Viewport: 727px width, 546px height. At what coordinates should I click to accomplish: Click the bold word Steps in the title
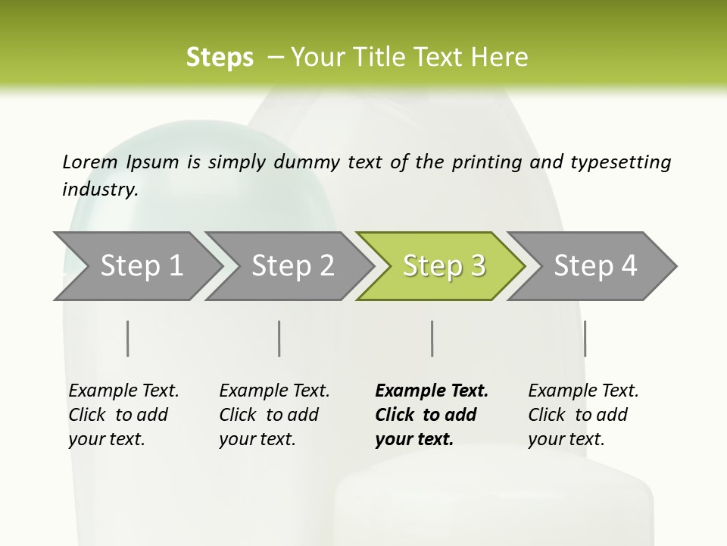point(220,58)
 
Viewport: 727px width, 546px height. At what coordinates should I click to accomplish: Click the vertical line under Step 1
point(128,338)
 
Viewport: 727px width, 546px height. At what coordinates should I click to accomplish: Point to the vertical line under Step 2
point(279,338)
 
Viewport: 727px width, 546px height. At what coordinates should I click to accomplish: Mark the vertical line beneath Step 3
point(432,338)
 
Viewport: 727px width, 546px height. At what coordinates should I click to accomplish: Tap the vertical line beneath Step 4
point(585,338)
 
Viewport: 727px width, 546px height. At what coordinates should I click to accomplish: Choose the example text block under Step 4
point(583,415)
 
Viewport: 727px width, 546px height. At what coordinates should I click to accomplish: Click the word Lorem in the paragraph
point(90,162)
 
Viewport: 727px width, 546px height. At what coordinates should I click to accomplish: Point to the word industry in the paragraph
point(100,190)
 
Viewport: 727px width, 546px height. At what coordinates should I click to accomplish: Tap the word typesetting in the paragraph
point(620,162)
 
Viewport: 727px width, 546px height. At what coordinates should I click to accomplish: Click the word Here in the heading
point(500,58)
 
